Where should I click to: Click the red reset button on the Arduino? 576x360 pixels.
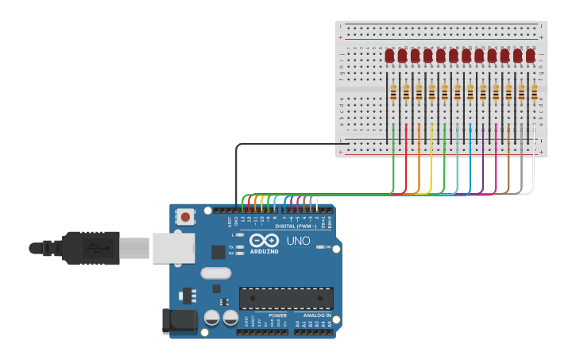(185, 215)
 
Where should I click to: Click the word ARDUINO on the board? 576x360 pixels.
(265, 251)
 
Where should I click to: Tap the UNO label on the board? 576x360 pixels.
(298, 241)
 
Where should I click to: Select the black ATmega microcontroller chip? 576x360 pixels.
(286, 298)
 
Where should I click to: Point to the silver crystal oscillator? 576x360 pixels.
(215, 273)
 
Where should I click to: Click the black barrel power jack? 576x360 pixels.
(180, 320)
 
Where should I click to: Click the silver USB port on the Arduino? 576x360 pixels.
(172, 247)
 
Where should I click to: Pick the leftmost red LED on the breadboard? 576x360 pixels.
(389, 56)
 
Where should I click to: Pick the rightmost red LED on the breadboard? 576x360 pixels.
(530, 56)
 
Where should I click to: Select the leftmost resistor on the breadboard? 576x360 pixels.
(393, 93)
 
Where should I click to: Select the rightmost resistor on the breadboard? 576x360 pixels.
(534, 93)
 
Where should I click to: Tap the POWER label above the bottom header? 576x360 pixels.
(277, 315)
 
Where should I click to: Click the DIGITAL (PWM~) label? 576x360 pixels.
(294, 226)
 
